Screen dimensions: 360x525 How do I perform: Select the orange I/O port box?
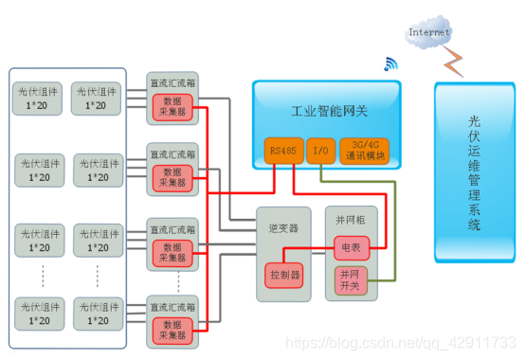[320, 151]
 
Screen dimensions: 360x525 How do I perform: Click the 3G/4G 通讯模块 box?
[365, 151]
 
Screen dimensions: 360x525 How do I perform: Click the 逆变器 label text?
[282, 228]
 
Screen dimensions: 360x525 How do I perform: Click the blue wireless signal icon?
[389, 64]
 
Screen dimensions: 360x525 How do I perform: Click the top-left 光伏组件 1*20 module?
[39, 98]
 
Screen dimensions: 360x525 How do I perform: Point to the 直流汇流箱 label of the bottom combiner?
[172, 305]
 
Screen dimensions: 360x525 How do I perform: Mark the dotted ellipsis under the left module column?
[39, 277]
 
